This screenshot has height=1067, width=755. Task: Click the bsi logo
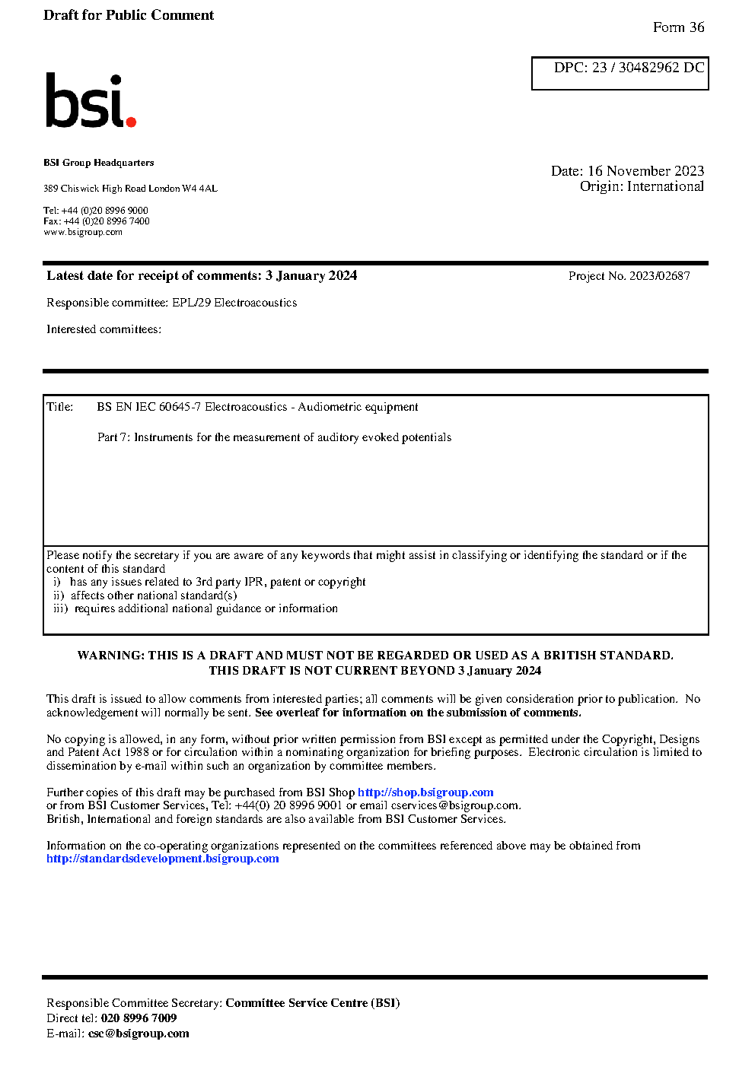(90, 101)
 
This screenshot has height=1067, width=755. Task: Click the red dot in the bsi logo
(131, 121)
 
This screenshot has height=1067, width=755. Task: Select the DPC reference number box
(620, 73)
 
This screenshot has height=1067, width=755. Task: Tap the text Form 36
(678, 27)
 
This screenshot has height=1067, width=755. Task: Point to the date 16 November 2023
(645, 171)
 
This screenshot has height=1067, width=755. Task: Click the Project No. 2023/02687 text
(629, 276)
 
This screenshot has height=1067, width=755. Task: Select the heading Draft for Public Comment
(129, 15)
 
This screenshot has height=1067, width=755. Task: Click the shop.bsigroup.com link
(425, 792)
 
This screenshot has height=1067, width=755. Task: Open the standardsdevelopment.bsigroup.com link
(162, 859)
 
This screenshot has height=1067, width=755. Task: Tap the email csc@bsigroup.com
(139, 1034)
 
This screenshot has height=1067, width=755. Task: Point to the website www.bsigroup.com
(82, 232)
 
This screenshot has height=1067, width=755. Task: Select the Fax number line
(97, 221)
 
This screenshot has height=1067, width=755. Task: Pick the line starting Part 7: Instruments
(274, 437)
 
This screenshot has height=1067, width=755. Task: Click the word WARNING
(110, 656)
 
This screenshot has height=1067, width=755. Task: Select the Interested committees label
(104, 329)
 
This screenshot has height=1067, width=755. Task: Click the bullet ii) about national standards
(145, 595)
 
